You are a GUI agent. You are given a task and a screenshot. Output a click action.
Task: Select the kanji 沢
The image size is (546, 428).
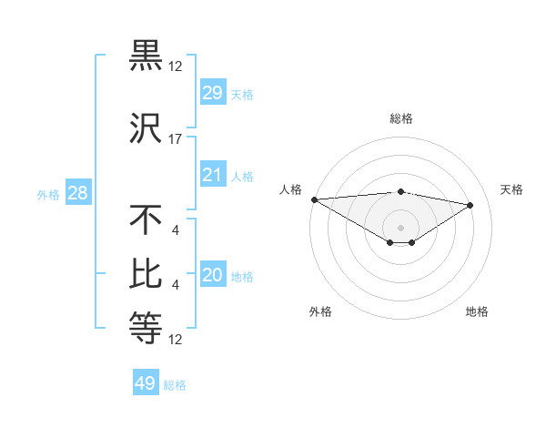pos(147,128)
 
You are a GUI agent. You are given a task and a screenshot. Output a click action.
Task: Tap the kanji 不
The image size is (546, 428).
pos(147,219)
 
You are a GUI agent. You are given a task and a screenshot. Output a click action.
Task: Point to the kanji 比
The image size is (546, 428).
pos(147,274)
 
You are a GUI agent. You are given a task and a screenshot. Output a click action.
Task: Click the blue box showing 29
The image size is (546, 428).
pos(212,93)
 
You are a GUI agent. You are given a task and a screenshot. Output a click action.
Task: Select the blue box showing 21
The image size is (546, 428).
pos(212,175)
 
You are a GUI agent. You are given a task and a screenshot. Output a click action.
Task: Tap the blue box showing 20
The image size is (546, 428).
pos(212,276)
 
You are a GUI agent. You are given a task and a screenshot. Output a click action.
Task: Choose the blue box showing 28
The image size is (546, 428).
pos(76,193)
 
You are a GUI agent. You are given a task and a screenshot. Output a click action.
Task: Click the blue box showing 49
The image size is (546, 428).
pos(146,383)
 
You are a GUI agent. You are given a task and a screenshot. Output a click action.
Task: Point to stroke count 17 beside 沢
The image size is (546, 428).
pos(176,139)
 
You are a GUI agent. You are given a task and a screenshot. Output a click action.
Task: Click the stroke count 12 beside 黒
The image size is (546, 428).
pos(176,66)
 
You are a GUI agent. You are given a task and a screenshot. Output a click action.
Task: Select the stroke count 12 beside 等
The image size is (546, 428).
pos(176,340)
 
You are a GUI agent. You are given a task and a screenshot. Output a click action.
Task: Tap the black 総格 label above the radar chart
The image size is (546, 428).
pos(400,118)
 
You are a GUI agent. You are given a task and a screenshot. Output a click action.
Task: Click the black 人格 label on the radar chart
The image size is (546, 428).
pos(291,189)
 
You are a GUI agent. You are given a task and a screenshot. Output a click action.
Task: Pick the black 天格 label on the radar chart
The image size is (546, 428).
pos(512,189)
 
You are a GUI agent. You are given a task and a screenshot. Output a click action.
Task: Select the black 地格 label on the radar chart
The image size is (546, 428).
pos(477,311)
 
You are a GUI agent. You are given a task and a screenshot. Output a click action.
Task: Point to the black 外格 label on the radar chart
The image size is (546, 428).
pos(320,311)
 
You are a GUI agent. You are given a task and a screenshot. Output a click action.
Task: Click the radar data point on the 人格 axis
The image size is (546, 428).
pos(314,199)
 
